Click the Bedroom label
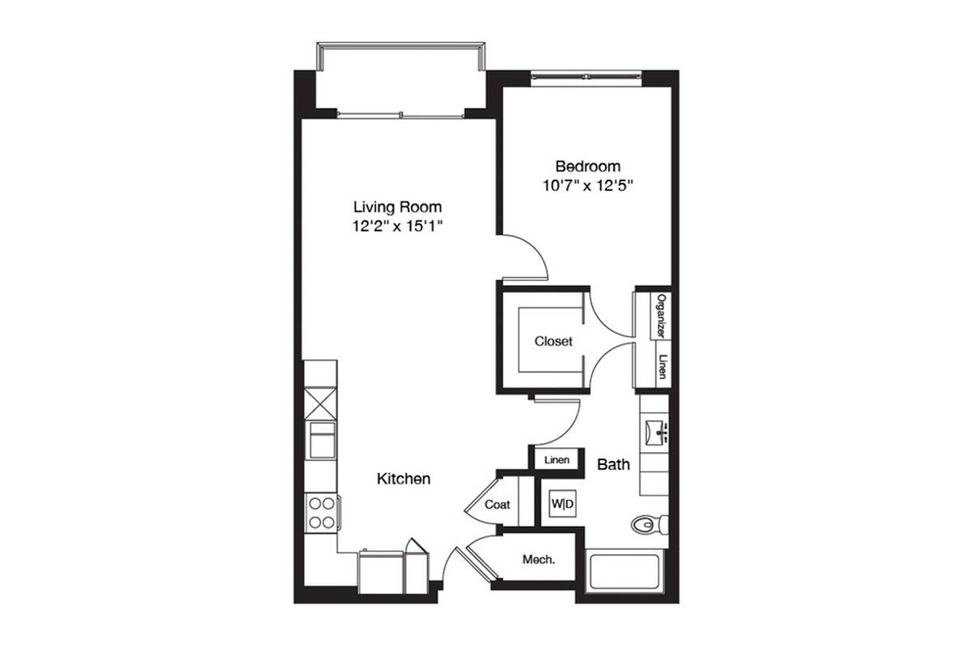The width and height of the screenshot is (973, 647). coord(588,167)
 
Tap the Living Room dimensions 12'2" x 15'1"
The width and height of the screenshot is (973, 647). coord(397,226)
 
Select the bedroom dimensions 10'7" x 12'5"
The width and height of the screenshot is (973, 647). coord(588,186)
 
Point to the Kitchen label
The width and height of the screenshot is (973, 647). coord(404,479)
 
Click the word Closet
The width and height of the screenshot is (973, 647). coord(553,341)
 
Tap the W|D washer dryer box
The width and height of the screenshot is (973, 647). coord(562,504)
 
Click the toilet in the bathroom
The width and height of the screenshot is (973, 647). coord(649,525)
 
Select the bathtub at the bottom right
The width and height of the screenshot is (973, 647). coord(624,570)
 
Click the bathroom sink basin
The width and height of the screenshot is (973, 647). coord(656,432)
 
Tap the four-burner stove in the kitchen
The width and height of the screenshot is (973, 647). coord(321,513)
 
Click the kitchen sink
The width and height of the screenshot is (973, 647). coord(321,440)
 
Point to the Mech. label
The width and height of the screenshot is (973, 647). coord(539,560)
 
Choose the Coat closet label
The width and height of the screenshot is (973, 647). coord(497,505)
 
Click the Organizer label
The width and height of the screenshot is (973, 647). coord(661,316)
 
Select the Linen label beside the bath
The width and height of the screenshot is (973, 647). coord(557,460)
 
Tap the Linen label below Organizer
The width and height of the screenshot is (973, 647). coord(662,366)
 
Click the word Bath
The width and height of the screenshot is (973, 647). coord(613,464)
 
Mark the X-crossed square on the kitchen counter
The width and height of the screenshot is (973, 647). coord(320,404)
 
